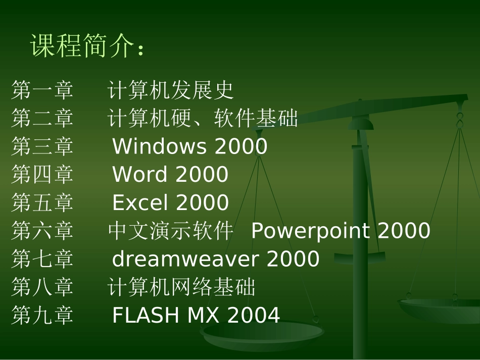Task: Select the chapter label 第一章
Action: click(42, 90)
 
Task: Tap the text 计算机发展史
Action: click(170, 90)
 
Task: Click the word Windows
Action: click(160, 146)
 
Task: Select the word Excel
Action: click(140, 202)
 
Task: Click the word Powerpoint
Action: click(310, 231)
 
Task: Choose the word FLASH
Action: click(146, 315)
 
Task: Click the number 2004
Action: click(254, 315)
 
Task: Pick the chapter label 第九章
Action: click(42, 315)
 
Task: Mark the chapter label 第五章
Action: click(42, 202)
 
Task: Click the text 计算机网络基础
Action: click(181, 287)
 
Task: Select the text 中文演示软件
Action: click(170, 230)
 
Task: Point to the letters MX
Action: click(203, 315)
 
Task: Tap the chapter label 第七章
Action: click(42, 259)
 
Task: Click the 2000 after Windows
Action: click(241, 146)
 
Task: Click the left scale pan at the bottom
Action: click(262, 334)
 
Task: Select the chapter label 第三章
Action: click(42, 146)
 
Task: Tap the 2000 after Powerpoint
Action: click(404, 230)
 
